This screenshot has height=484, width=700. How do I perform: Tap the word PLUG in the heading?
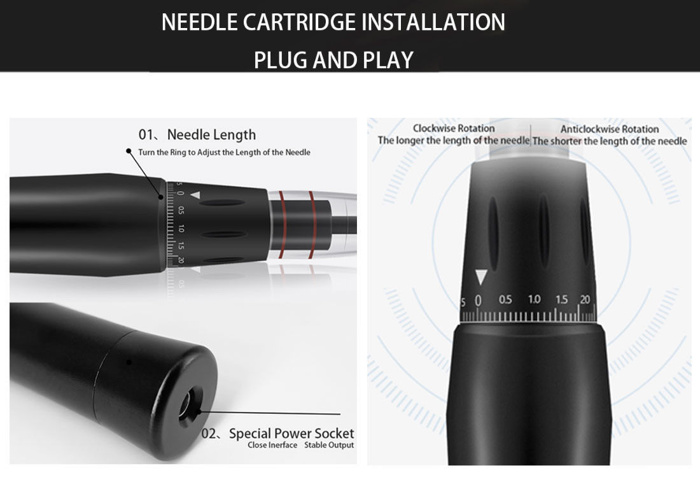click(281, 60)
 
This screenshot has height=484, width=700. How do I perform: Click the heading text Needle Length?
click(211, 134)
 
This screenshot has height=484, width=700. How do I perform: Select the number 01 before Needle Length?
click(146, 134)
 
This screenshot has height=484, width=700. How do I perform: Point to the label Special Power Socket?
click(291, 433)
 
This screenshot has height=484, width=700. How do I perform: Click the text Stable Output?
click(329, 445)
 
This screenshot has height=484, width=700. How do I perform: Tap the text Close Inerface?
click(272, 445)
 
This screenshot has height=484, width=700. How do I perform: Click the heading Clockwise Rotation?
click(454, 128)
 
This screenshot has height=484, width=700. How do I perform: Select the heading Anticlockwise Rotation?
click(610, 129)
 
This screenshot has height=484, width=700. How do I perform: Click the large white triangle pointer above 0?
click(480, 276)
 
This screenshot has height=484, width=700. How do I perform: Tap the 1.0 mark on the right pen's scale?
click(534, 299)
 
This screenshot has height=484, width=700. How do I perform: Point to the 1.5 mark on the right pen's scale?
click(562, 299)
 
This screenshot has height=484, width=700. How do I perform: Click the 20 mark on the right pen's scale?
click(585, 299)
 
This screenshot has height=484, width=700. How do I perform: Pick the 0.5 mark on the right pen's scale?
click(505, 299)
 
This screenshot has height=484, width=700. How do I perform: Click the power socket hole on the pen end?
click(187, 405)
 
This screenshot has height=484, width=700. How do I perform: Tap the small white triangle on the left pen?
click(195, 196)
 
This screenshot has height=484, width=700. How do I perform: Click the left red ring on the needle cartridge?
click(282, 225)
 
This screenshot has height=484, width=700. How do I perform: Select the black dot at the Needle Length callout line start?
click(129, 151)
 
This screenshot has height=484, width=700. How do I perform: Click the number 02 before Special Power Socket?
click(209, 434)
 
